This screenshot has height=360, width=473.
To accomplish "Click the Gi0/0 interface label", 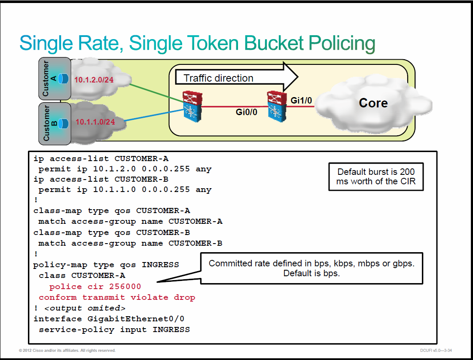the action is [247, 112].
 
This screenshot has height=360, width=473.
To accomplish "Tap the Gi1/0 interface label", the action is [301, 101].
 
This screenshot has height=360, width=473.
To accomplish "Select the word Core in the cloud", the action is [373, 103].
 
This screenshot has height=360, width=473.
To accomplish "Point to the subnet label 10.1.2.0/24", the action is [94, 80].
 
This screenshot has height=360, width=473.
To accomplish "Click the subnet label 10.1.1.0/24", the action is [95, 122].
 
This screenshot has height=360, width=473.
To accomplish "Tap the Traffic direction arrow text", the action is [218, 78].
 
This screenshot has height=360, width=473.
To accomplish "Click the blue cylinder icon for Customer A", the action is [63, 79].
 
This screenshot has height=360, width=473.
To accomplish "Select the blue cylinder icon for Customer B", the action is [63, 123].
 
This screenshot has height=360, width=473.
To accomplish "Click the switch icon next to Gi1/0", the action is [277, 107].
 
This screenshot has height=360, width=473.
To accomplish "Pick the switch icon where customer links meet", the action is [192, 107].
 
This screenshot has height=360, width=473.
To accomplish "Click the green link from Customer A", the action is [156, 94].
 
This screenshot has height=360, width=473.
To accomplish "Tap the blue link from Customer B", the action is [154, 115].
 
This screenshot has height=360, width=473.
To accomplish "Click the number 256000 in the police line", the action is [125, 287].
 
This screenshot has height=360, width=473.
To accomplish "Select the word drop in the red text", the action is [184, 298].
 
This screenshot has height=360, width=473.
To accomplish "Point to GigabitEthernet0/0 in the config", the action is [136, 319].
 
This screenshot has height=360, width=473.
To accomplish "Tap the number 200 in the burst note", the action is [407, 172].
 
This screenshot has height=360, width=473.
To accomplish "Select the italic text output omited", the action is [85, 308].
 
